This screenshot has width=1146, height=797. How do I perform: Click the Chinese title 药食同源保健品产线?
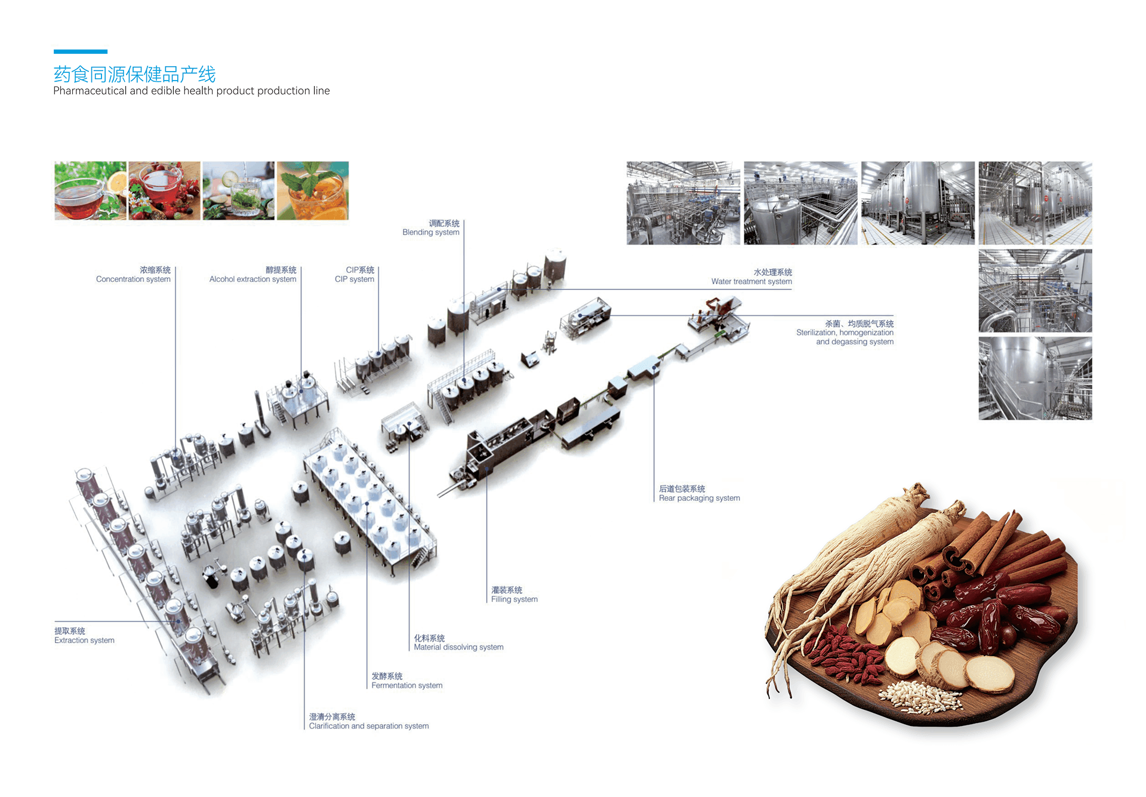pos(134,74)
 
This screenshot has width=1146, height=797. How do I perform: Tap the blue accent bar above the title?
pos(81,51)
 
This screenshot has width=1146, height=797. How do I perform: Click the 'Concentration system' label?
pos(134,275)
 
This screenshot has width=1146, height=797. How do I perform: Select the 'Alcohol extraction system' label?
pos(253,275)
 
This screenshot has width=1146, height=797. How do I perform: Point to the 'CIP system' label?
pos(355,275)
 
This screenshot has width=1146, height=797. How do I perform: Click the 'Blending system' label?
pos(431,227)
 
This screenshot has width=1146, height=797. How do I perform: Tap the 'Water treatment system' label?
pos(752,276)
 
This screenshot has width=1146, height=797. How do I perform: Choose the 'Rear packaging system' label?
pos(700,493)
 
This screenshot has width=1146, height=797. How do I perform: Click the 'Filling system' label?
pos(515,595)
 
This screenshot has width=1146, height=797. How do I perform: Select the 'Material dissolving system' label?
pos(459,642)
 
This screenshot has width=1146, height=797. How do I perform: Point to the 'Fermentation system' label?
pos(407,681)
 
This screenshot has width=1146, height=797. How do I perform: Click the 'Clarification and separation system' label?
pos(369,721)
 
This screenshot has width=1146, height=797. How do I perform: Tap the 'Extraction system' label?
pos(84,635)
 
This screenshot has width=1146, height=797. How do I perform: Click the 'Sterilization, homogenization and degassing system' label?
pos(845,333)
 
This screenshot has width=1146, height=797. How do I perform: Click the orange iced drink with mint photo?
pos(313,191)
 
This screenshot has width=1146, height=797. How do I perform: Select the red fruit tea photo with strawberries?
pos(165,191)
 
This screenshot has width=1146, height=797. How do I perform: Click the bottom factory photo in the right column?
pos(1036,379)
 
